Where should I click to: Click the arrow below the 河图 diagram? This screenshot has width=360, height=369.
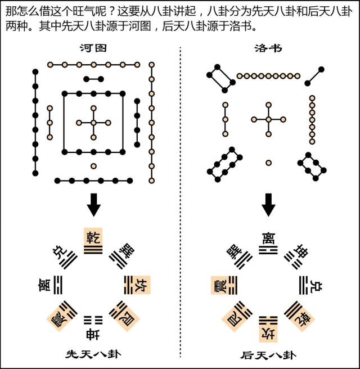tap(93, 206)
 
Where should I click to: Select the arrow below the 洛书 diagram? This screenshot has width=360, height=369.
tap(269, 206)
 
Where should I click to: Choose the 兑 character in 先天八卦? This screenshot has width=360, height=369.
tap(58, 251)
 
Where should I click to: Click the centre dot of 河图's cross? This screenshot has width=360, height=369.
tap(93, 123)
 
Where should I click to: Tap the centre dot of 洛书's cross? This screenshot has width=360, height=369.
tap(269, 119)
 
